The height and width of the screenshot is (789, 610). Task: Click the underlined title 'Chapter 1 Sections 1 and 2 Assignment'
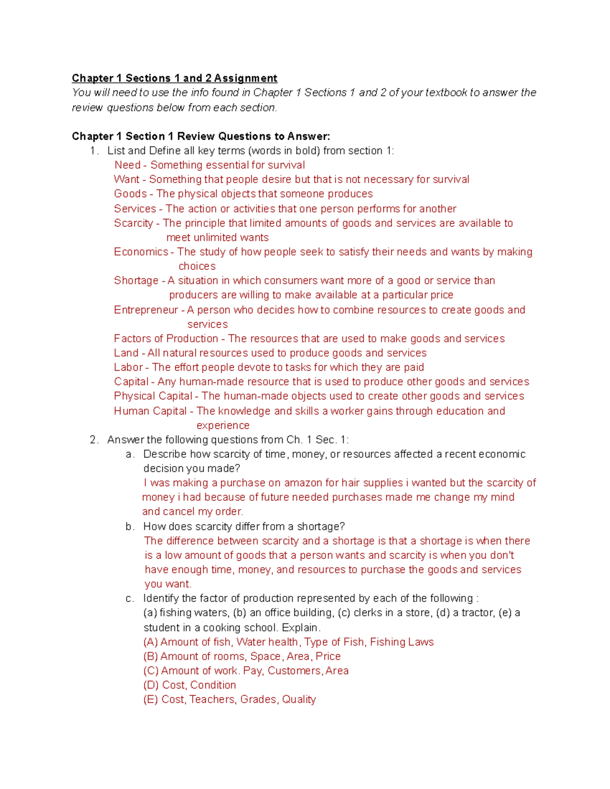pyautogui.click(x=174, y=78)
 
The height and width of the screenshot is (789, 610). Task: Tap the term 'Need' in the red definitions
pyautogui.click(x=127, y=165)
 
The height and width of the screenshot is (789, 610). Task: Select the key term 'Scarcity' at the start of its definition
pyautogui.click(x=133, y=223)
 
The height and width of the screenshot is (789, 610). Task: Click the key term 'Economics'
pyautogui.click(x=141, y=252)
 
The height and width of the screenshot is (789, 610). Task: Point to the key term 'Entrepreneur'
pyautogui.click(x=146, y=310)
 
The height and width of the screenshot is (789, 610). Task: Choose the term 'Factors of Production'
pyautogui.click(x=166, y=339)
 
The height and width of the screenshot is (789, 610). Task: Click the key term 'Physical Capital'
pyautogui.click(x=152, y=396)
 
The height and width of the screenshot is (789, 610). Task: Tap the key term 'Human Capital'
pyautogui.click(x=150, y=411)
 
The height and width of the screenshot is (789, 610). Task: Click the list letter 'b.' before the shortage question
pyautogui.click(x=130, y=527)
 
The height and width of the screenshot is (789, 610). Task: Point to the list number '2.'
pyautogui.click(x=94, y=440)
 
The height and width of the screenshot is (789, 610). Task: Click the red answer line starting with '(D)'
pyautogui.click(x=190, y=685)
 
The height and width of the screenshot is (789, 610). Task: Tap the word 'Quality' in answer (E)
pyautogui.click(x=299, y=700)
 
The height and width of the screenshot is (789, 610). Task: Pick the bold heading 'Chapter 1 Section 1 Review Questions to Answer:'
pyautogui.click(x=201, y=136)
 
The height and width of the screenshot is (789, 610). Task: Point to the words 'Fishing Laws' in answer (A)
pyautogui.click(x=402, y=642)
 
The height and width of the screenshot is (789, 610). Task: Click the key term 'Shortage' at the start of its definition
pyautogui.click(x=136, y=281)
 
